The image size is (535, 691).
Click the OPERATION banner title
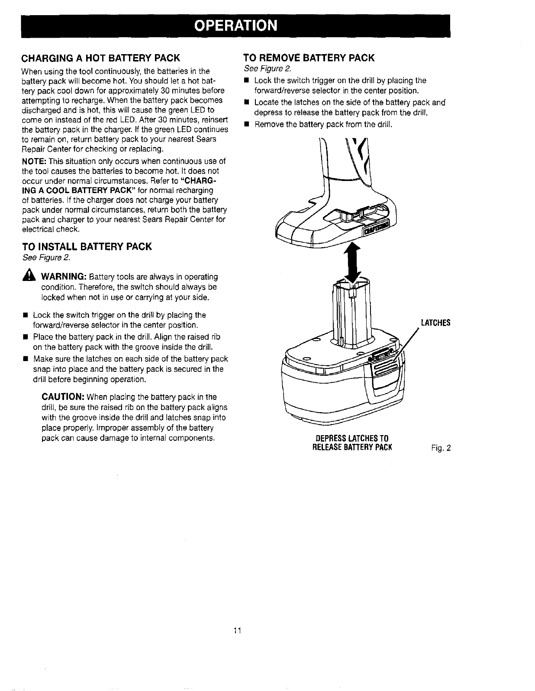point(235,26)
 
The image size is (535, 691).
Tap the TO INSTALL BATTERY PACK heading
point(87,247)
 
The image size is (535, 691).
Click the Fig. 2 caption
point(441,448)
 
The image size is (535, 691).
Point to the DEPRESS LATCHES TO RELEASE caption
point(352,443)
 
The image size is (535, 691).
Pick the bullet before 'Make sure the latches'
point(26,358)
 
